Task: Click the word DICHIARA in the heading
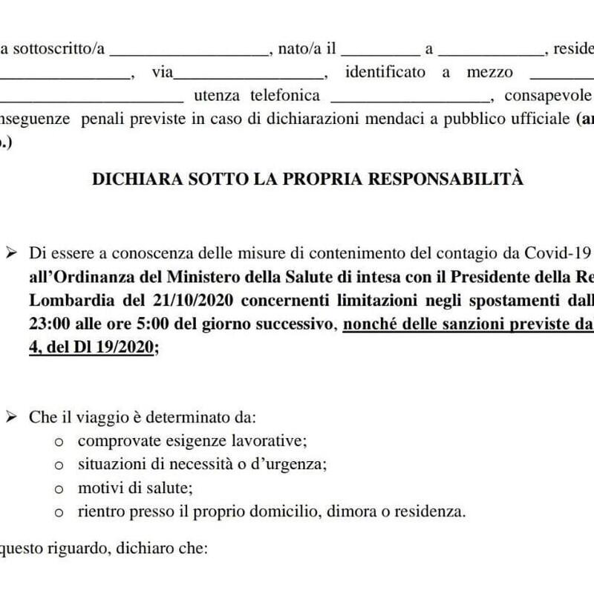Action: point(125,179)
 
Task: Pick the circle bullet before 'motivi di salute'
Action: point(60,489)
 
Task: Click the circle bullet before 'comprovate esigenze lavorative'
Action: point(60,442)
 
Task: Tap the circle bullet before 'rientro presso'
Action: point(60,512)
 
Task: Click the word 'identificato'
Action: point(385,72)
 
